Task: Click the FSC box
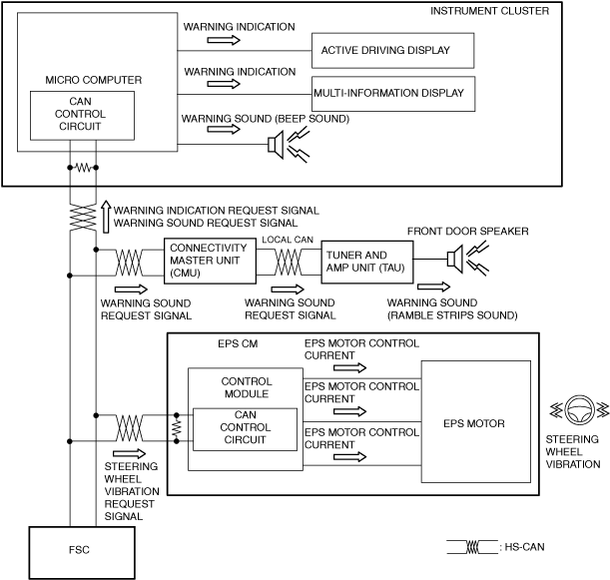[82, 553]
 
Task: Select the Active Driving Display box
[393, 51]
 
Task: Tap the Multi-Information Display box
[393, 94]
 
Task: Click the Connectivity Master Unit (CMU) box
[210, 261]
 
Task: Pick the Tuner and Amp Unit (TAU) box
[367, 262]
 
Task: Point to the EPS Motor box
[476, 421]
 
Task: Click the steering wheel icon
[579, 410]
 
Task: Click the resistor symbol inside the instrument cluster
[83, 168]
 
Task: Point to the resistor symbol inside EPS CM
[177, 428]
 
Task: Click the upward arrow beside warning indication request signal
[106, 217]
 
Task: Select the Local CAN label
[288, 240]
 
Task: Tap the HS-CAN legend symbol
[472, 547]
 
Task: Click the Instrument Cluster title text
[489, 11]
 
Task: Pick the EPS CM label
[238, 343]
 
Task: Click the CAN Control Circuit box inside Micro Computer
[83, 116]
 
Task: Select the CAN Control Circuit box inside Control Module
[245, 429]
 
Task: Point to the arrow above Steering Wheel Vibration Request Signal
[129, 453]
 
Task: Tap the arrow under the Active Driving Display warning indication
[224, 40]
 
